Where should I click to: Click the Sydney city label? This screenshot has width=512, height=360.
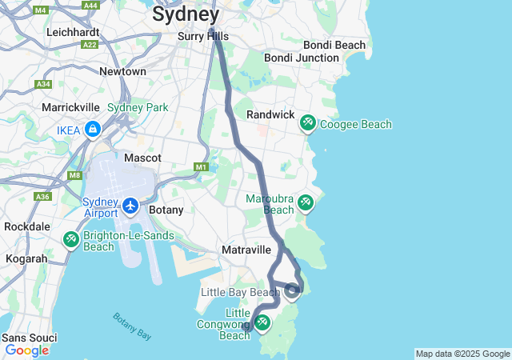coord(185,14)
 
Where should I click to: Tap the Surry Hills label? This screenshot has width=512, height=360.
coord(202,36)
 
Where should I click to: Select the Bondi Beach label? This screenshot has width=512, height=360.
coord(334,45)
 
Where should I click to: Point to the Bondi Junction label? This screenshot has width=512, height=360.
coord(302,58)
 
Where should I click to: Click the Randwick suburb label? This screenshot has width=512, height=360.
coord(270,114)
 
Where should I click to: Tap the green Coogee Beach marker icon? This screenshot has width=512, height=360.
coord(307,123)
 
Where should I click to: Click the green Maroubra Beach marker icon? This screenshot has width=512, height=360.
coord(305,202)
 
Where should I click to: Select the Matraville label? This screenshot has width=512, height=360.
coord(246,250)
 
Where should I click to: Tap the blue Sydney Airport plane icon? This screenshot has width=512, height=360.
coord(130,206)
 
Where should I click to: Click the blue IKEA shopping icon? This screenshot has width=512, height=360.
coord(94,129)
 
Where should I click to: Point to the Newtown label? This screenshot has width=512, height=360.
coord(122,71)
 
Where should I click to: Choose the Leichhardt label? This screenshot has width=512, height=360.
coord(73,32)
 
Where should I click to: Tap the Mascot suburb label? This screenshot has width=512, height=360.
coord(142,158)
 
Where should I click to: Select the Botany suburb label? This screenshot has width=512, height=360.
coord(166,210)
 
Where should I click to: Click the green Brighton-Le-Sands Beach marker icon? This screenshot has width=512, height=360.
coord(70,238)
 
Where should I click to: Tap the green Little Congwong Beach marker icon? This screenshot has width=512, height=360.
coord(261,322)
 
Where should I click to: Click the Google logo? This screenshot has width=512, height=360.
coord(26,350)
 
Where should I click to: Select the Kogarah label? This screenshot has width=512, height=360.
coord(26,259)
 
